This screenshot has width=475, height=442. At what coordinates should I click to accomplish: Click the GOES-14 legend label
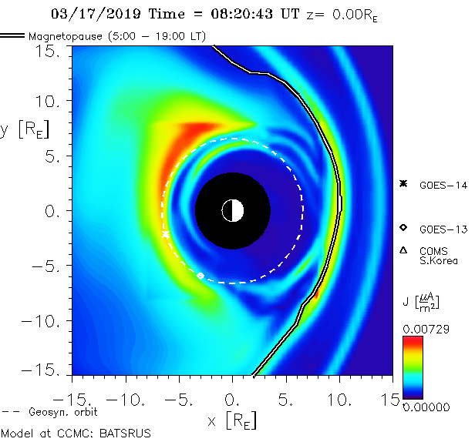pos(438,184)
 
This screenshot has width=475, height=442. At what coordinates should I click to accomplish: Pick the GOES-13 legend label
pos(438,229)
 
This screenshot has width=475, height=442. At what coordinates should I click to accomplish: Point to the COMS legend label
pos(431,251)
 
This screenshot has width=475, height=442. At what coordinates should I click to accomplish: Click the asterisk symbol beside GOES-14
pos(403,183)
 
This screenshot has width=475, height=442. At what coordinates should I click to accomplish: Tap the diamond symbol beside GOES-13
pos(403,228)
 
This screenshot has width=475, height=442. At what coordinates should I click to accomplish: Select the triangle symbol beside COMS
pos(403,249)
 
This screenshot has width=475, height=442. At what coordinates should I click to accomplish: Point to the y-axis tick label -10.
pos(44,320)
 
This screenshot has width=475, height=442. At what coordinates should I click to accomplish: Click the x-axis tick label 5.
pos(286,400)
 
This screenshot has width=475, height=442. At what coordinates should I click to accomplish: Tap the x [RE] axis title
pos(231,420)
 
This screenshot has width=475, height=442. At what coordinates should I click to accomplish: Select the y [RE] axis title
pos(25,129)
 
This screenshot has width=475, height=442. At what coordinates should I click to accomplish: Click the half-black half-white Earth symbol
pos(232,209)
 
